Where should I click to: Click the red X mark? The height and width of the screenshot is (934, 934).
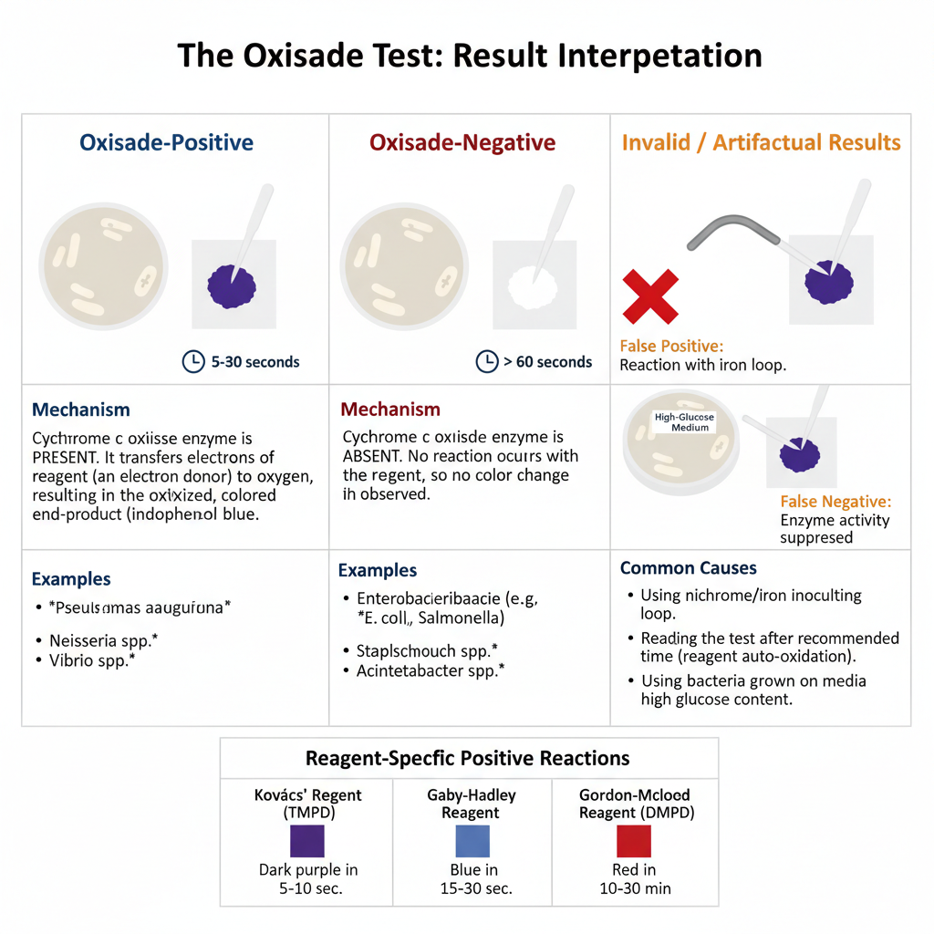tap(649, 296)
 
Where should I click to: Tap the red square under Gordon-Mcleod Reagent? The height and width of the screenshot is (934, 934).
tap(633, 841)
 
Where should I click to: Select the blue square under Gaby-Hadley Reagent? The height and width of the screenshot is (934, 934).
tap(472, 841)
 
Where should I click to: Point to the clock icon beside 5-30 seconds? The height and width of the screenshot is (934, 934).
tap(193, 361)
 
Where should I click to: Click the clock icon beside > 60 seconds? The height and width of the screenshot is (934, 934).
tap(487, 361)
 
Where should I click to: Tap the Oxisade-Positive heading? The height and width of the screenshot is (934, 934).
tap(166, 143)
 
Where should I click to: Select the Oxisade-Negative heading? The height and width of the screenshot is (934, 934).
tap(462, 143)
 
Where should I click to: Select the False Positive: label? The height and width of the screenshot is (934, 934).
tap(671, 347)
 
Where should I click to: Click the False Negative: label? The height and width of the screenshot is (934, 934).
tap(835, 502)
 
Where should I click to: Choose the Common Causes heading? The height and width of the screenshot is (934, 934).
tap(688, 567)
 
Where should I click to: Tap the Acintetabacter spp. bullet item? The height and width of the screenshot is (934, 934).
tap(424, 671)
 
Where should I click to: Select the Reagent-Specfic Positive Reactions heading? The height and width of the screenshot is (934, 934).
tap(467, 758)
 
